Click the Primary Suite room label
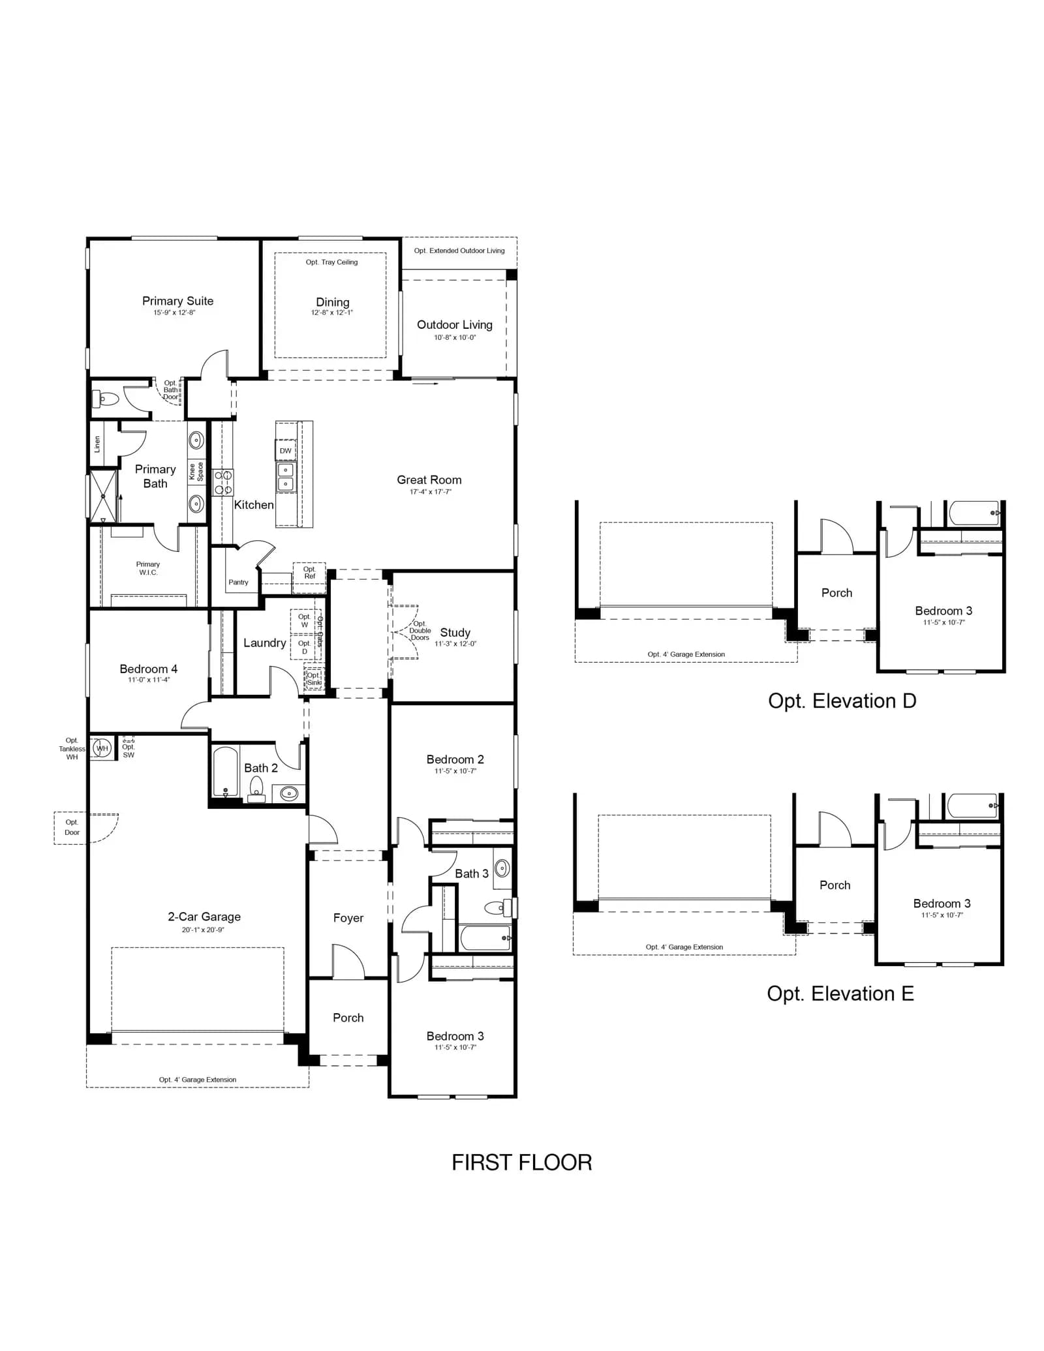pos(177,301)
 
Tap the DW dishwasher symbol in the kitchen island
pos(286,451)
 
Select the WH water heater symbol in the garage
pos(102,748)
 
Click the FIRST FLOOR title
pos(521,1162)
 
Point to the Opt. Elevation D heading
pos(842,701)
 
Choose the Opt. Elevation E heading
pos(840,994)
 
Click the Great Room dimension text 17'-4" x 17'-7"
pos(430,492)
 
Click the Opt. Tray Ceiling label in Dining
pos(331,262)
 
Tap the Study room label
pos(455,633)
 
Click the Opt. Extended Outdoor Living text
pos(459,250)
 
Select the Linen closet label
pos(97,444)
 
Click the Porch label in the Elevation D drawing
pos(837,593)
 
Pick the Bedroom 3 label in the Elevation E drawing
pos(942,903)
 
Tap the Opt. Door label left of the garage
pos(72,827)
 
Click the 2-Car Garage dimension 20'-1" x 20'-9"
pos(203,930)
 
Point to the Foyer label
pos(348,918)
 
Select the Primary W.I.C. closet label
pos(148,568)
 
